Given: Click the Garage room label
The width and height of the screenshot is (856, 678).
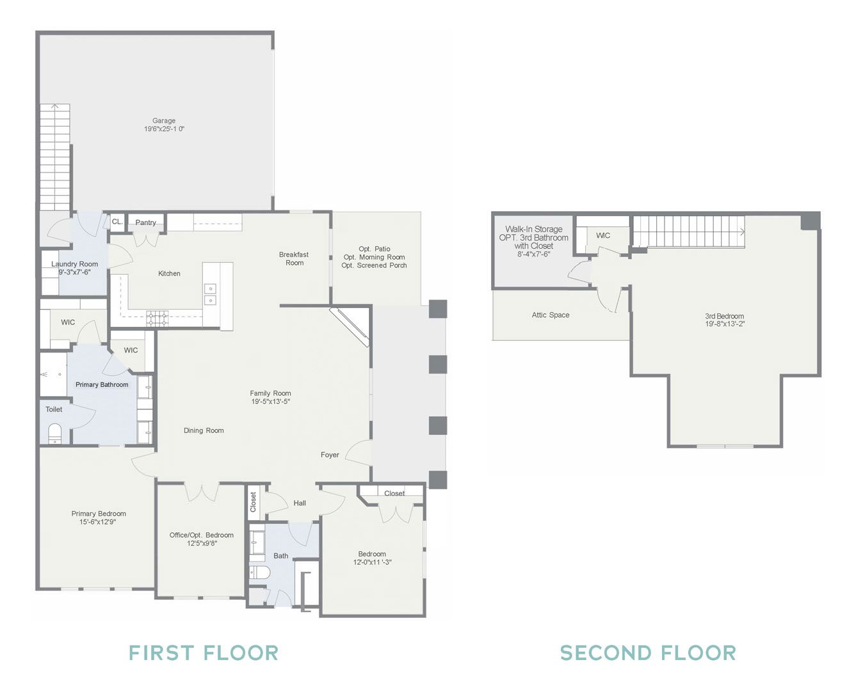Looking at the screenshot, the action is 164,120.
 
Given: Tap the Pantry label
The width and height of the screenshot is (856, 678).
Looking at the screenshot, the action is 145,223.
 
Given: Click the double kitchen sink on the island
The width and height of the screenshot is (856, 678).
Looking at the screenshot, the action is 211,294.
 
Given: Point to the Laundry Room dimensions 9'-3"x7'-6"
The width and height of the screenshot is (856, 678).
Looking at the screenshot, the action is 74,272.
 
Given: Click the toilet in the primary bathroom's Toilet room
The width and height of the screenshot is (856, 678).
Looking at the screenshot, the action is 54,433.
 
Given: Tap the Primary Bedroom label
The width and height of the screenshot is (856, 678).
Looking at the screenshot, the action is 99,514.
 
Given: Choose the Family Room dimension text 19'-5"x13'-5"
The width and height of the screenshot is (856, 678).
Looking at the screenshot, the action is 270,402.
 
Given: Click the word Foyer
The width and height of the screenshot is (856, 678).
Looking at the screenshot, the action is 330,455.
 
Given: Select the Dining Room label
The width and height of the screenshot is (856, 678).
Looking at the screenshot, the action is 204,430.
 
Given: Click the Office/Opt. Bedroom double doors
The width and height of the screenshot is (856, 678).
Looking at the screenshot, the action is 202,492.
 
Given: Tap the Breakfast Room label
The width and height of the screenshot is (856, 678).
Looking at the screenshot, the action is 295,258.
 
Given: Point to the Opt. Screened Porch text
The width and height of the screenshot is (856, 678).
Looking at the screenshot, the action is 374,265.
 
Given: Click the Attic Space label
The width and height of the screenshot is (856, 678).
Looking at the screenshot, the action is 551,315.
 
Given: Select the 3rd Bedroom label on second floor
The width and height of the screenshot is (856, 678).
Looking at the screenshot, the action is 724,316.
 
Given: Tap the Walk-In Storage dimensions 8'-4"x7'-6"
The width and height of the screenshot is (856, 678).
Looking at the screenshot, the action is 533,255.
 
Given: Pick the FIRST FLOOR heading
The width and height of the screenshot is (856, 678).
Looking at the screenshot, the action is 204,653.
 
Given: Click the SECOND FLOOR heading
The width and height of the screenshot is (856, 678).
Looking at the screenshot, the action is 648,653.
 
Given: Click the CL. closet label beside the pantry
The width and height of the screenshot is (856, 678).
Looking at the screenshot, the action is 117,222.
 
